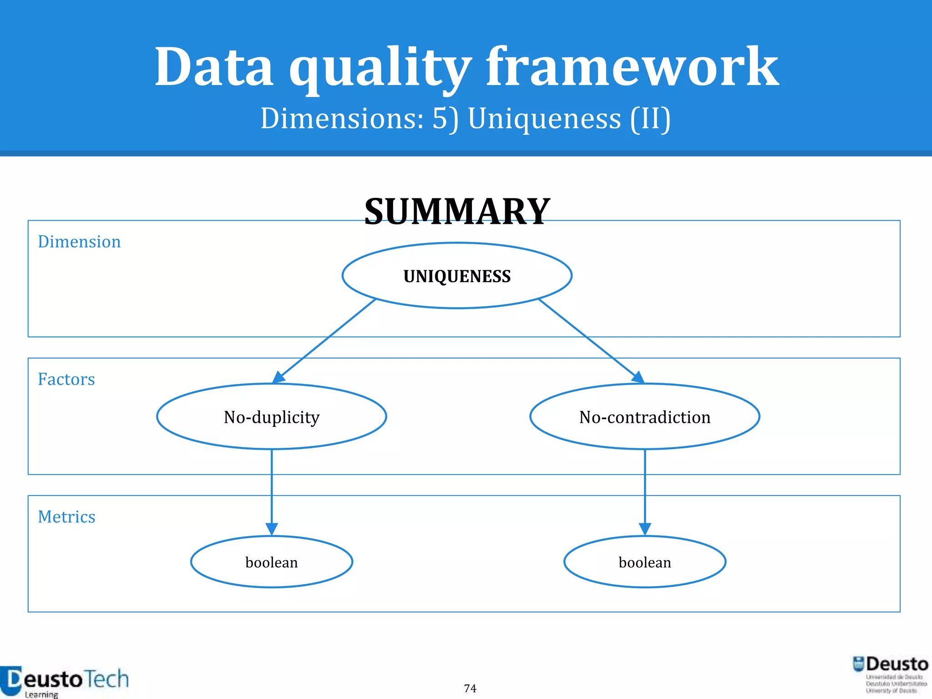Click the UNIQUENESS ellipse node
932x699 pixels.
pyautogui.click(x=457, y=276)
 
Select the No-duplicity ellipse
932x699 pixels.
pyautogui.click(x=272, y=417)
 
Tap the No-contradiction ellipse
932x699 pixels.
pyautogui.click(x=644, y=417)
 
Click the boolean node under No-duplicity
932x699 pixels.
pyautogui.click(x=272, y=562)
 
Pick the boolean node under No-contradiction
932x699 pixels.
pyautogui.click(x=644, y=562)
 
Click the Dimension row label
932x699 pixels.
pyautogui.click(x=79, y=242)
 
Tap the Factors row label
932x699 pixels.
pyautogui.click(x=66, y=379)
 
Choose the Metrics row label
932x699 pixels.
pyautogui.click(x=66, y=517)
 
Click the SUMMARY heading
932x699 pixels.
pyautogui.click(x=457, y=212)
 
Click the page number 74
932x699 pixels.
pyautogui.click(x=470, y=688)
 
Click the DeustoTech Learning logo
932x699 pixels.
pyautogui.click(x=65, y=681)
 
